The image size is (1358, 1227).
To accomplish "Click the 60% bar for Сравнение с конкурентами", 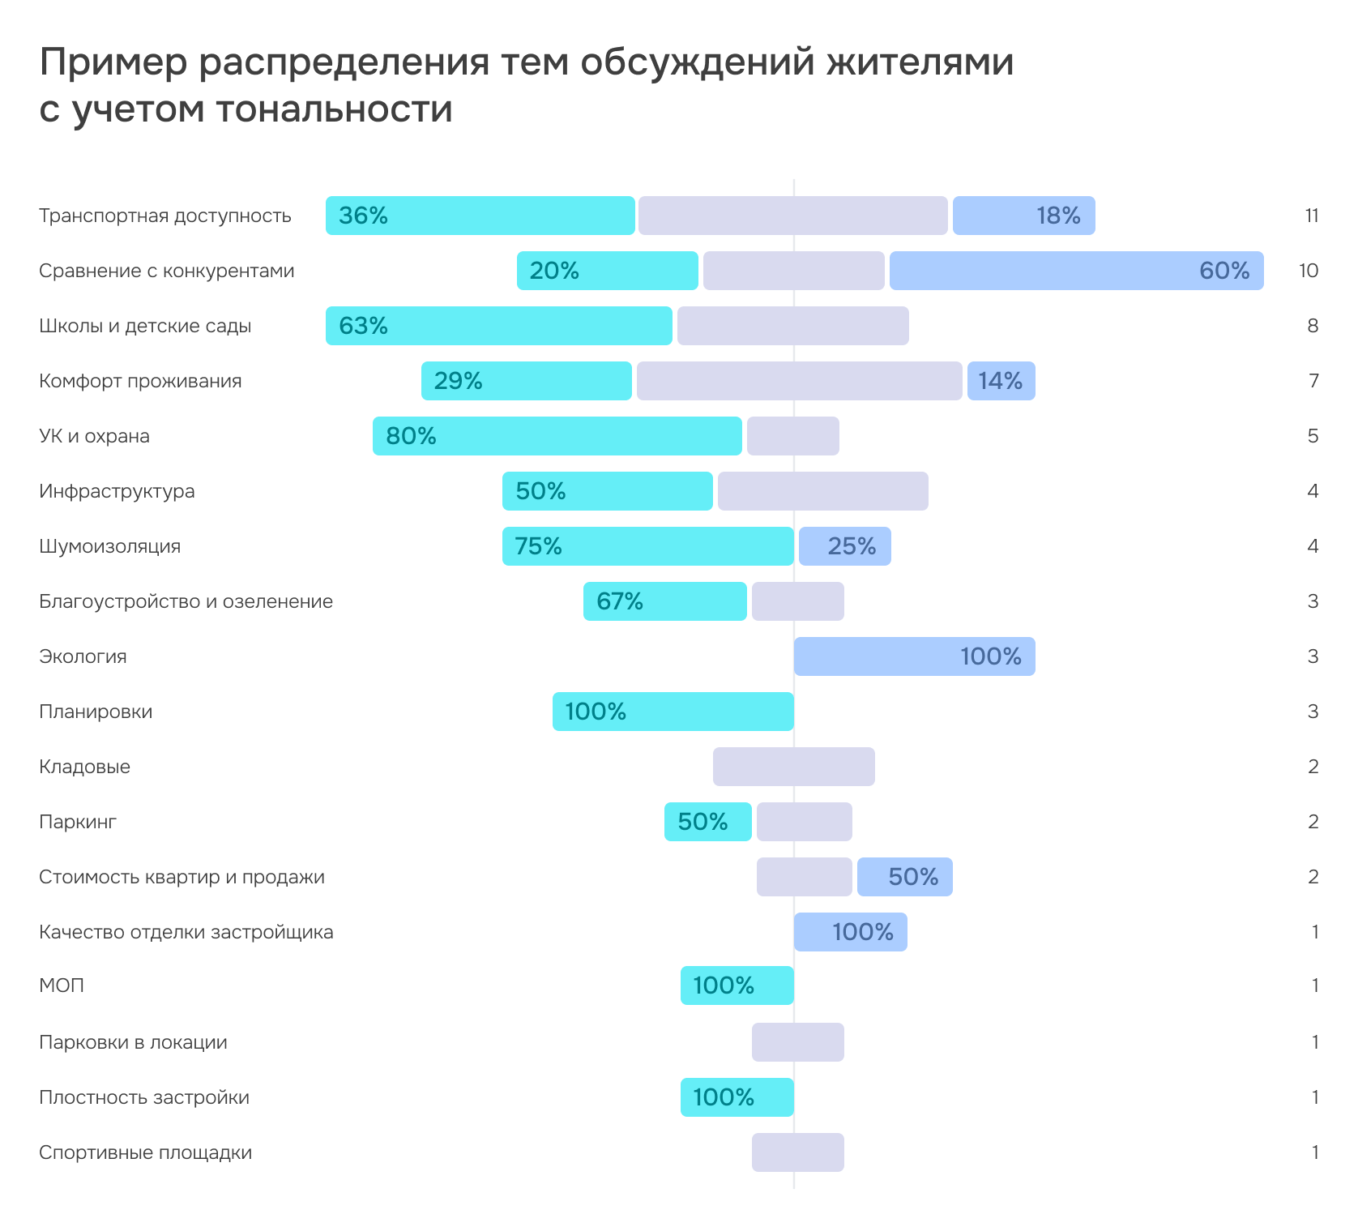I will click(1076, 271).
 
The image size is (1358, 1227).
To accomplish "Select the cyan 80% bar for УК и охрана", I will click(557, 436).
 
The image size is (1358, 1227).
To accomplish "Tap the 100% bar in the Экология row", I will click(914, 656).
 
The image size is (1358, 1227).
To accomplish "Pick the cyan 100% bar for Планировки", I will click(673, 712).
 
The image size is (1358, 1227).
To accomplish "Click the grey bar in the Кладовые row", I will click(794, 767).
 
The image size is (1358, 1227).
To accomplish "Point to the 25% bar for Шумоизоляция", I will click(844, 546).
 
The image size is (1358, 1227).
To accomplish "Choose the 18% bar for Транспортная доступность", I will click(1023, 216).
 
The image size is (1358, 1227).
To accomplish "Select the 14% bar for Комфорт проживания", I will click(1001, 381).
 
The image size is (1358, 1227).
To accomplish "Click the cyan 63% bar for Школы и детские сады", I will click(499, 326).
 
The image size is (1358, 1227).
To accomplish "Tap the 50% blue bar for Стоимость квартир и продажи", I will click(904, 877).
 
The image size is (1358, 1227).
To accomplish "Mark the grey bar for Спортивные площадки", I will click(798, 1152).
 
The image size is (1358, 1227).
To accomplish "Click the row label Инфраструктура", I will click(117, 491).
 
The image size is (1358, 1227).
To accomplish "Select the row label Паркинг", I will click(78, 822).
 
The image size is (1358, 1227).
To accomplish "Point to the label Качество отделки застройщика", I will click(186, 932).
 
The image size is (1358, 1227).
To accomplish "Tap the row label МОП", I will click(62, 985).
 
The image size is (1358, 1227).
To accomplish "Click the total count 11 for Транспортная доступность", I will click(1312, 216).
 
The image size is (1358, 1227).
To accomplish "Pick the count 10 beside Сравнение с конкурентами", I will click(1309, 271).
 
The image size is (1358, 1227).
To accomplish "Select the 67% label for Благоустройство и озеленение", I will click(620, 601).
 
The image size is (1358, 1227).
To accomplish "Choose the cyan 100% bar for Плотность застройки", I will click(737, 1097).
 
